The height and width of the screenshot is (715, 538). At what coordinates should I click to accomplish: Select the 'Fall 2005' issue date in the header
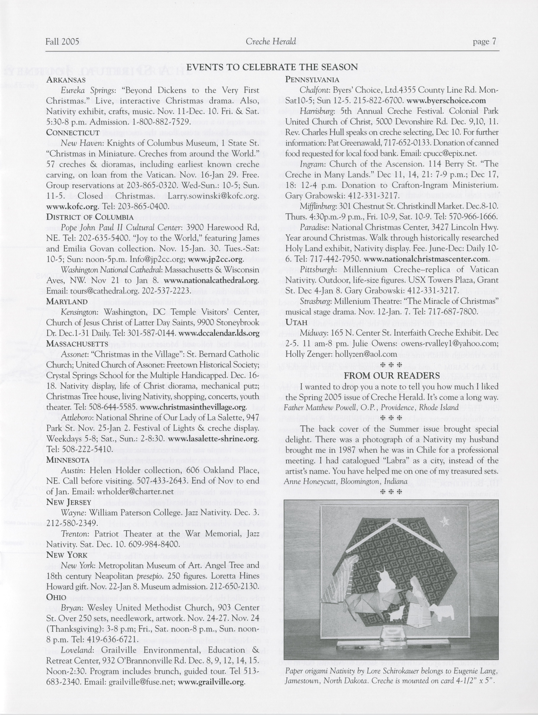(62, 42)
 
